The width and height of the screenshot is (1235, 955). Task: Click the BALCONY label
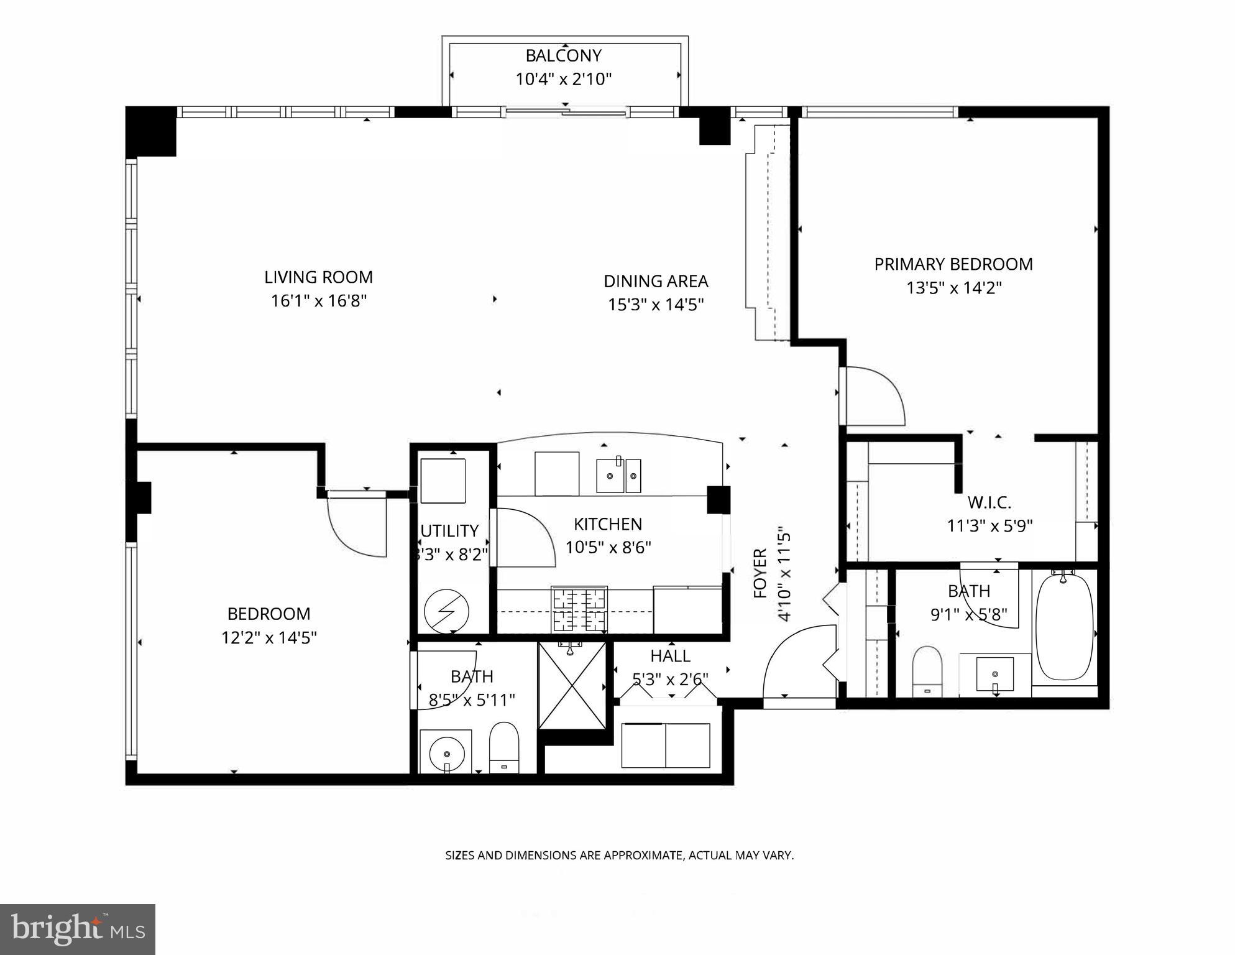(563, 56)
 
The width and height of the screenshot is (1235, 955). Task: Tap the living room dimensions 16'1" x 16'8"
(319, 302)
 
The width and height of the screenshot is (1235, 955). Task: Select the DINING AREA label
(656, 282)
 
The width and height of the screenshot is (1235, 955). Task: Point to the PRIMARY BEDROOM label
(953, 264)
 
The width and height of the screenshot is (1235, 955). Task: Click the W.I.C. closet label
(989, 502)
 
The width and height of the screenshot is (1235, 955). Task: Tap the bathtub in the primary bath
(1064, 628)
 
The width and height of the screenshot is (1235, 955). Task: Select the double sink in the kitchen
(618, 476)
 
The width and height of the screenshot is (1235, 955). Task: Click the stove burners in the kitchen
(579, 609)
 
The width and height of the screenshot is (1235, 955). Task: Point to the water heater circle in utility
(446, 611)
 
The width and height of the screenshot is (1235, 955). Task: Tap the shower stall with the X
(571, 686)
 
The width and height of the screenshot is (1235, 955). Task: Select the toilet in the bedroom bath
(503, 746)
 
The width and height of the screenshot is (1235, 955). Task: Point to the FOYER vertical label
(760, 573)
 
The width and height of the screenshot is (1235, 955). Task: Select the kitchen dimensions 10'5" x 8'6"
(608, 548)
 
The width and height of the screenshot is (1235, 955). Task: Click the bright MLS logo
(78, 930)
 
